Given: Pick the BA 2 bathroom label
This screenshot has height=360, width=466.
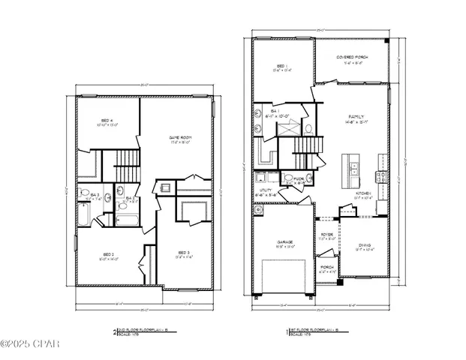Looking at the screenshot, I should coord(130,198).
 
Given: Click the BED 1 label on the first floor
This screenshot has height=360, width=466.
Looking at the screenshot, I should coord(279,67).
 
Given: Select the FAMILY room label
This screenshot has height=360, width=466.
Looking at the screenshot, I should coord(355,118).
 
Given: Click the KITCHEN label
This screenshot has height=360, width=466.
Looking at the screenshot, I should coord(363,193).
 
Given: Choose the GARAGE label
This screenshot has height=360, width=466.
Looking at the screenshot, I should coord(281,241).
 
